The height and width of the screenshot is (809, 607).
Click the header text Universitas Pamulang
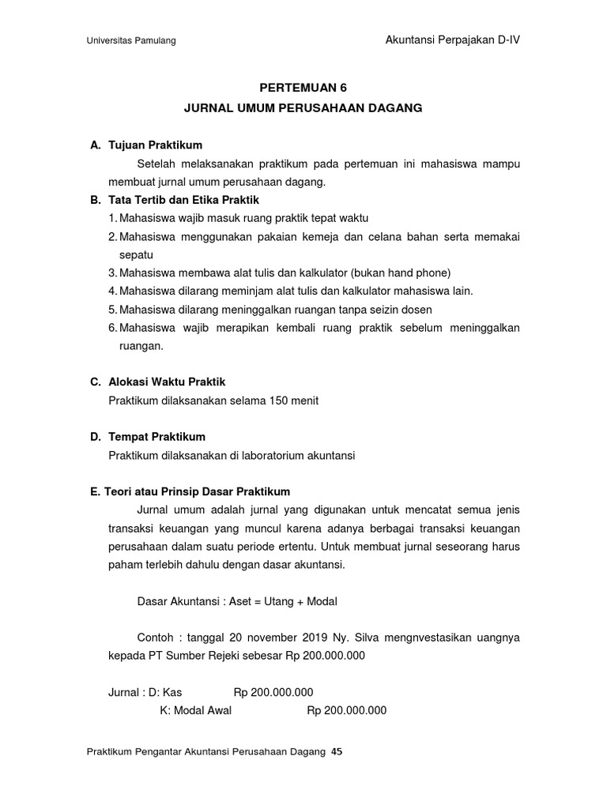(x=131, y=41)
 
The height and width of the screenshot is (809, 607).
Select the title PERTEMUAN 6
(x=304, y=88)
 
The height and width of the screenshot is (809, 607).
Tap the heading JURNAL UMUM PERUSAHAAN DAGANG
(x=304, y=108)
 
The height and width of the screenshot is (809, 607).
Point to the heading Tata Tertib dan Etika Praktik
(x=183, y=200)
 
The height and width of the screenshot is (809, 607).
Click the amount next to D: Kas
(x=273, y=692)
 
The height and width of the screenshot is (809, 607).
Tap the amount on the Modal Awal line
(x=346, y=710)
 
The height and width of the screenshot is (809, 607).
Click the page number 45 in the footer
(x=337, y=752)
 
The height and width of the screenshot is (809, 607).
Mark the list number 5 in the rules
(x=112, y=309)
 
